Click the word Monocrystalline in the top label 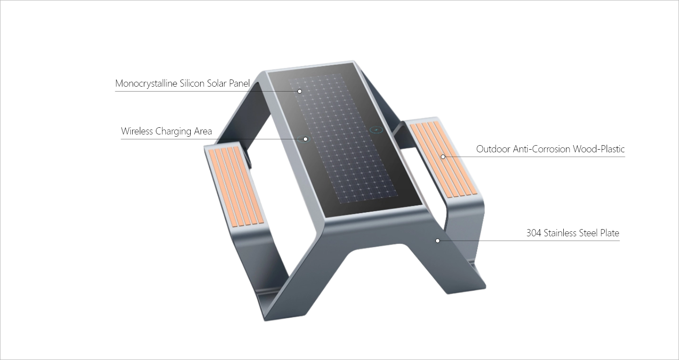[146, 84]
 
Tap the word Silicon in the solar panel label [192, 84]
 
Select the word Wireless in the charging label [137, 131]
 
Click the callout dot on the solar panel [299, 91]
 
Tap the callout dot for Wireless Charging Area [306, 139]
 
